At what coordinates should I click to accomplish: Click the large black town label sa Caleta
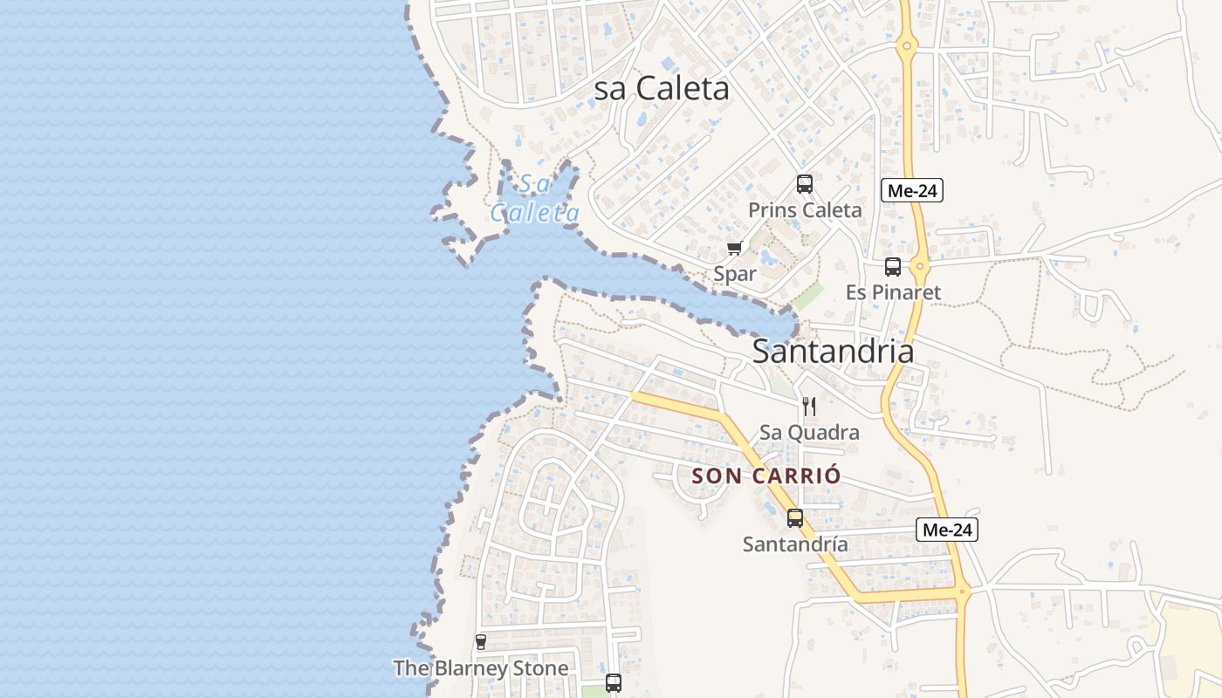pos(662,88)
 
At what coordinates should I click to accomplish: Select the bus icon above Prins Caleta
pos(805,184)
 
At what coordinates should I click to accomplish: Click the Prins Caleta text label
pos(805,210)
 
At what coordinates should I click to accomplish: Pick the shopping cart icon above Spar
pos(734,249)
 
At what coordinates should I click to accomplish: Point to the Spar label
pos(735,273)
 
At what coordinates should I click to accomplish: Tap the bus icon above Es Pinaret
pos(892,267)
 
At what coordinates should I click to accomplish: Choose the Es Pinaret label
pos(893,292)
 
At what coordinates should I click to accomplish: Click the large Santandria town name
pos(833,352)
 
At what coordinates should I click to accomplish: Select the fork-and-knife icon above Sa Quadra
pos(809,407)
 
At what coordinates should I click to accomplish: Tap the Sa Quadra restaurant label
pos(809,432)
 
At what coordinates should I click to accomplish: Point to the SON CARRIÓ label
pos(766,476)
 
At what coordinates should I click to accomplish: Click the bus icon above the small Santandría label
pos(795,518)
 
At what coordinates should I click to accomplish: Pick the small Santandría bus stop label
pos(795,544)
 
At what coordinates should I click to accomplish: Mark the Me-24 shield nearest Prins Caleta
pos(912,190)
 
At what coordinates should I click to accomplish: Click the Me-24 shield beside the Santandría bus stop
pos(947,529)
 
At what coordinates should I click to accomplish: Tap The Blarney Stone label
pos(480,668)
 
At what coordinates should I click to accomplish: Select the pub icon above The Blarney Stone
pos(480,642)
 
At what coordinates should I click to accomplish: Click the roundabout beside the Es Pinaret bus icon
pos(919,266)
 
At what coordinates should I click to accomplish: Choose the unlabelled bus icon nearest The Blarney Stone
pos(614,683)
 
